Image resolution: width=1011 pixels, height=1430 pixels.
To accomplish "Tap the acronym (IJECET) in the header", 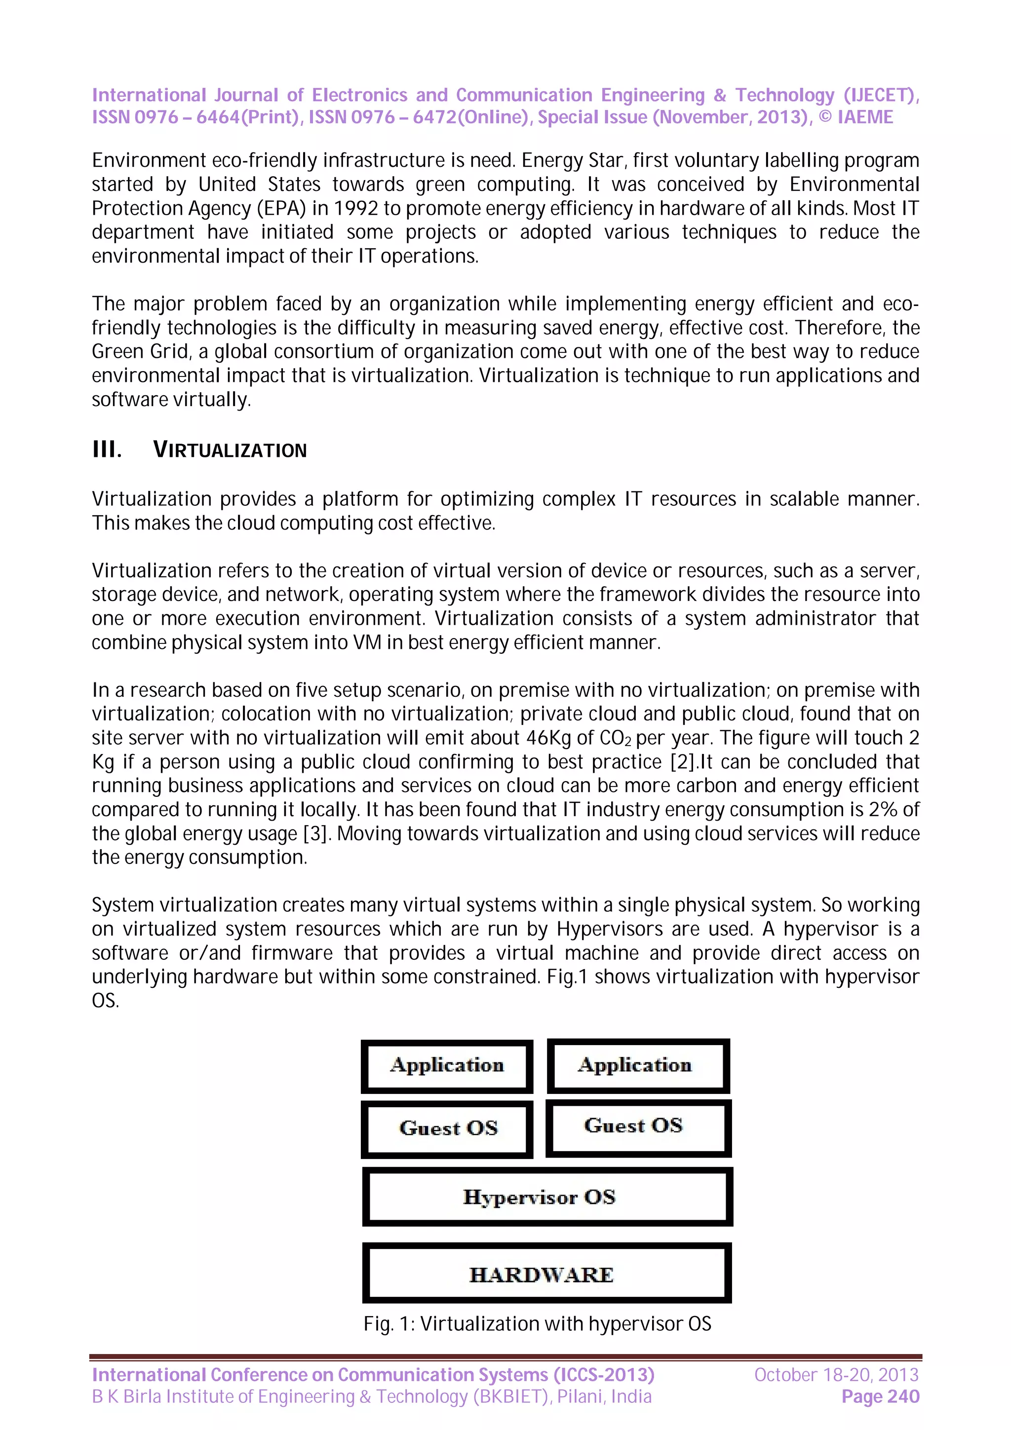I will click(x=880, y=95).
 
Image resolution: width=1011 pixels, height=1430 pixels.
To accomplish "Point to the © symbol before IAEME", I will click(x=825, y=117).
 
